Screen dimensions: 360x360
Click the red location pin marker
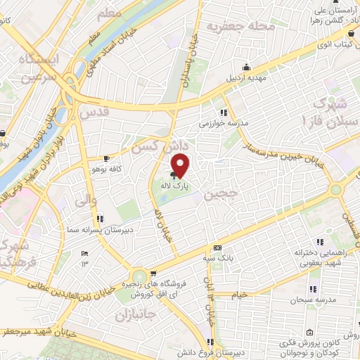pyautogui.click(x=181, y=166)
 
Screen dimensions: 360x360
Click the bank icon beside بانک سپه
pyautogui.click(x=217, y=247)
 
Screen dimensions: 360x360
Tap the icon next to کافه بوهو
pyautogui.click(x=105, y=159)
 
